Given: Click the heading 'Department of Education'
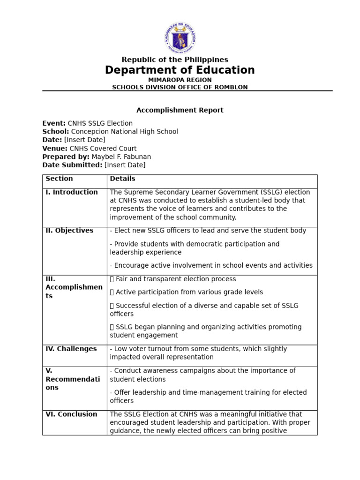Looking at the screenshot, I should (180, 70).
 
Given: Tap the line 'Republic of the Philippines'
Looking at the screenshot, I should (175, 60).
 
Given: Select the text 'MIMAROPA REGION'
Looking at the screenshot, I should (180, 80).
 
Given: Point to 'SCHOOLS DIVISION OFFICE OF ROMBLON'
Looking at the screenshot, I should (180, 87).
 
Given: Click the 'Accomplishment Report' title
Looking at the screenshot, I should (180, 110).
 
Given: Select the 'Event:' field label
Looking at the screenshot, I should (54, 123).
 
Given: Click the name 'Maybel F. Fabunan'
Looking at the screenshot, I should (121, 157).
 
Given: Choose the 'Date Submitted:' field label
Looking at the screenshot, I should (72, 165).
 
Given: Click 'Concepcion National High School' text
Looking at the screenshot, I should (125, 132).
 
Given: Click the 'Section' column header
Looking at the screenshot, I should (59, 179).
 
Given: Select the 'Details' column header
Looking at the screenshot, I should (122, 179).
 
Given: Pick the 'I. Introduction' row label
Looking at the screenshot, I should (72, 192).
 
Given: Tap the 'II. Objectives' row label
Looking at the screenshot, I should (69, 231).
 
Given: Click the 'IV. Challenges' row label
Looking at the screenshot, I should (71, 349).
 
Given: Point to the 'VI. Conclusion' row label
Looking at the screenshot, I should (71, 414).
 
